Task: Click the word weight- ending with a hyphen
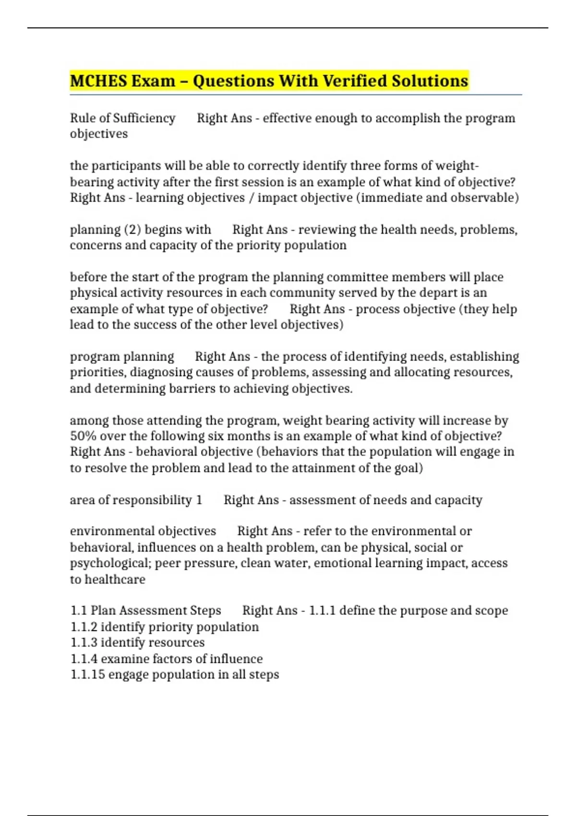[457, 166]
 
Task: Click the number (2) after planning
[132, 229]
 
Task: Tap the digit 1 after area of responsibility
[199, 500]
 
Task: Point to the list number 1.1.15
[87, 674]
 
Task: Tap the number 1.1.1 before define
[322, 611]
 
